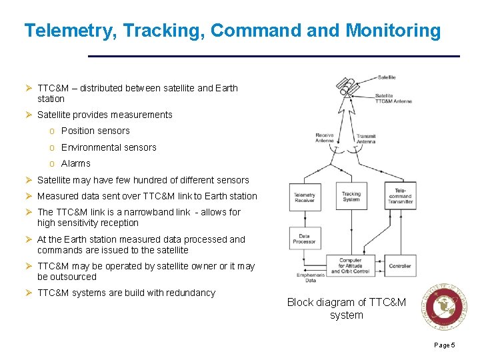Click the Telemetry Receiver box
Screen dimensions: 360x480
pyautogui.click(x=304, y=197)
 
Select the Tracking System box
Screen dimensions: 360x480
pyautogui.click(x=351, y=197)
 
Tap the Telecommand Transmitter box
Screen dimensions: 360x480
pyautogui.click(x=400, y=195)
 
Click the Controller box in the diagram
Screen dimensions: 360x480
pyautogui.click(x=400, y=265)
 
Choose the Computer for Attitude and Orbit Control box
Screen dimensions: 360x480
pyautogui.click(x=351, y=265)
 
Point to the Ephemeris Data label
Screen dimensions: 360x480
pyautogui.click(x=306, y=277)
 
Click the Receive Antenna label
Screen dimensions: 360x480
pyautogui.click(x=325, y=137)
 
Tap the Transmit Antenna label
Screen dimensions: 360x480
pyautogui.click(x=366, y=139)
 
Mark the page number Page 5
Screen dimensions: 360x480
pyautogui.click(x=444, y=345)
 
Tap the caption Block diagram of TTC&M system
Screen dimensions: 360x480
pyautogui.click(x=346, y=309)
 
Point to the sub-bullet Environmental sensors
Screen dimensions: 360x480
pyautogui.click(x=109, y=147)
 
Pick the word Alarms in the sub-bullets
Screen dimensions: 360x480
pyautogui.click(x=75, y=163)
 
